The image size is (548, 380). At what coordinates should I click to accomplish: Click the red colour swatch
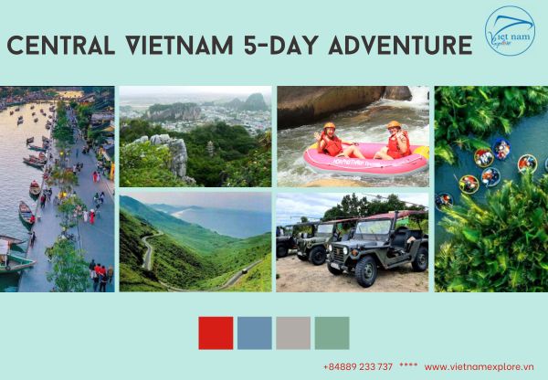pos(216,332)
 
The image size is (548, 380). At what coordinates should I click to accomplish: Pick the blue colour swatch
pos(254,332)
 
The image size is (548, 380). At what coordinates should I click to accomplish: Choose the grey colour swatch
pos(293,332)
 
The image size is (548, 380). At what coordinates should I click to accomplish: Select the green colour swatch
pos(332,332)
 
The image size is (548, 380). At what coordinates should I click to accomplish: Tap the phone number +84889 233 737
pos(357,366)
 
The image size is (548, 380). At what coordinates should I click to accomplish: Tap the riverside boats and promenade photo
pos(57,188)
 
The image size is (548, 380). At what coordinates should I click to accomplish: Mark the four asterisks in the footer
pos(408,366)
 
